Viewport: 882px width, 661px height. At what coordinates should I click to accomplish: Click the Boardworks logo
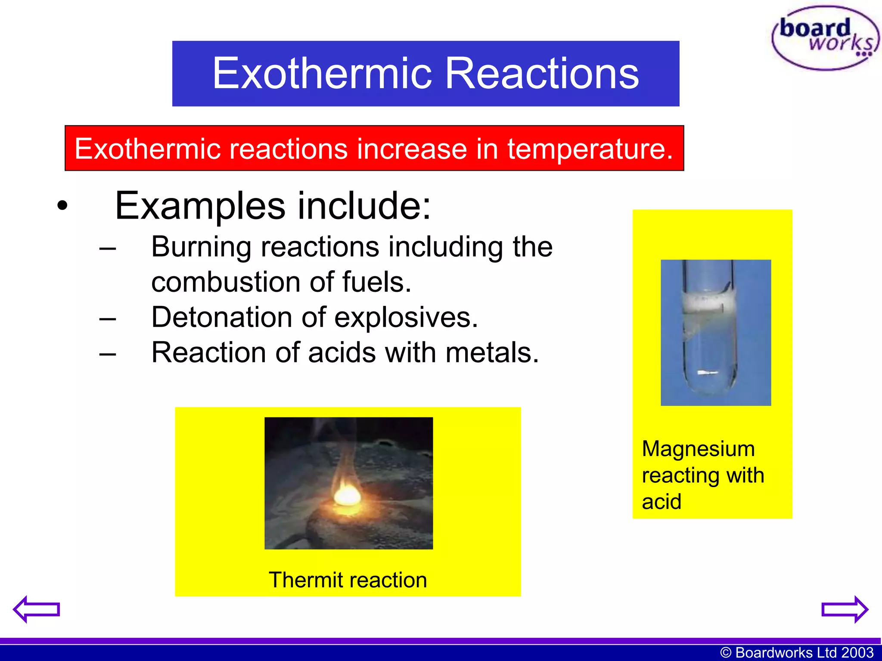825,38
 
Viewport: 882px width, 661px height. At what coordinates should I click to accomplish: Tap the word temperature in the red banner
589,149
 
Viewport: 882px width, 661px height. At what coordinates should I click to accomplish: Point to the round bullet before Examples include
62,206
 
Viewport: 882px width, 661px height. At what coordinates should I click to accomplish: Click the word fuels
376,282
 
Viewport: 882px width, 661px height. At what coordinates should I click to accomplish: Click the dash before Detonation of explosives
107,319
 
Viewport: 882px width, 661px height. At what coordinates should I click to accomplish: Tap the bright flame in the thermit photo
347,495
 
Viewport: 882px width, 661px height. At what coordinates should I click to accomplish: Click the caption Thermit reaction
348,580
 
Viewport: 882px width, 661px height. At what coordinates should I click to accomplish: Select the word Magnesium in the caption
698,449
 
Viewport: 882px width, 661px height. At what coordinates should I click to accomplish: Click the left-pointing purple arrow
36,609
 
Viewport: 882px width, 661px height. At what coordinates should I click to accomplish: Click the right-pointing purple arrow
845,609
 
